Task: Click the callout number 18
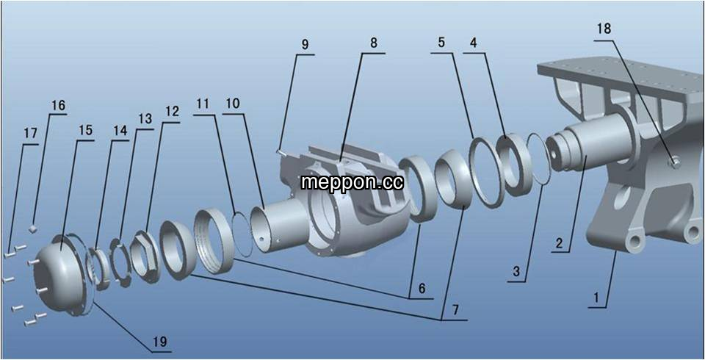(x=604, y=29)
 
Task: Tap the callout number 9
(x=305, y=45)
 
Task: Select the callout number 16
(x=58, y=106)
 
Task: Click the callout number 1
(x=596, y=298)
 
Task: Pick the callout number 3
(x=516, y=271)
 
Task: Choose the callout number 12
(x=172, y=112)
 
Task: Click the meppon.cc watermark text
(x=352, y=182)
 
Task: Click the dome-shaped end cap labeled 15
(x=61, y=275)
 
